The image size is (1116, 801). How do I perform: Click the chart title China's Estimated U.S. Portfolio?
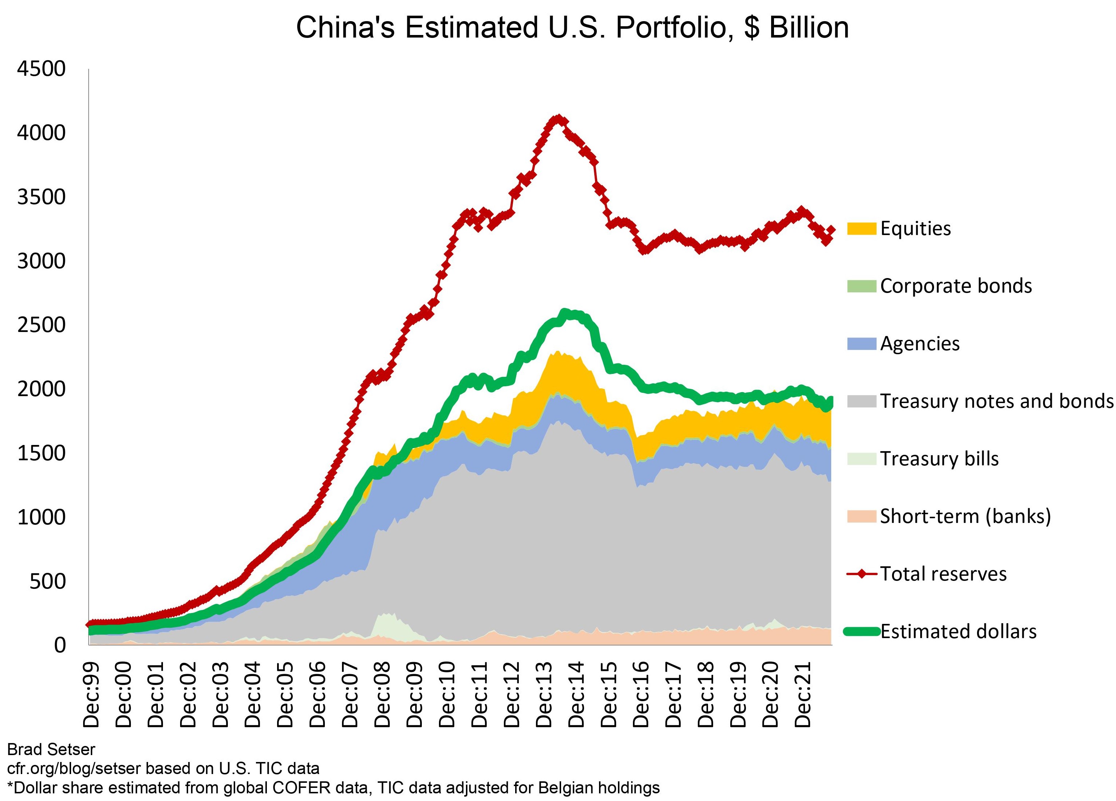(x=572, y=28)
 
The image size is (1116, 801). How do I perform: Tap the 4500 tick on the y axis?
(x=41, y=69)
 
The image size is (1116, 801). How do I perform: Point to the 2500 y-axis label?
(x=41, y=325)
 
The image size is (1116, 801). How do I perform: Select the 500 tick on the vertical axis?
(x=47, y=581)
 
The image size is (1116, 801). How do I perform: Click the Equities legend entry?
(x=915, y=228)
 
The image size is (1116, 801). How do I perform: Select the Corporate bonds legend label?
(x=956, y=286)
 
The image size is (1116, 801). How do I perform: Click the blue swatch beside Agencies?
(x=862, y=344)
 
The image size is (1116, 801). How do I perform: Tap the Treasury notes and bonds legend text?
(x=996, y=401)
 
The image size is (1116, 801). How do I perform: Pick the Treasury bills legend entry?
(x=939, y=459)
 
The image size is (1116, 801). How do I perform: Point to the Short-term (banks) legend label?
(x=965, y=516)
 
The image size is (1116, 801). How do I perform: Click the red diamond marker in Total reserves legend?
(x=862, y=574)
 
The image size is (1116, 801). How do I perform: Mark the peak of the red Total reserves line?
(x=557, y=119)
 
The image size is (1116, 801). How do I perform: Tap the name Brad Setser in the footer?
(x=51, y=749)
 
